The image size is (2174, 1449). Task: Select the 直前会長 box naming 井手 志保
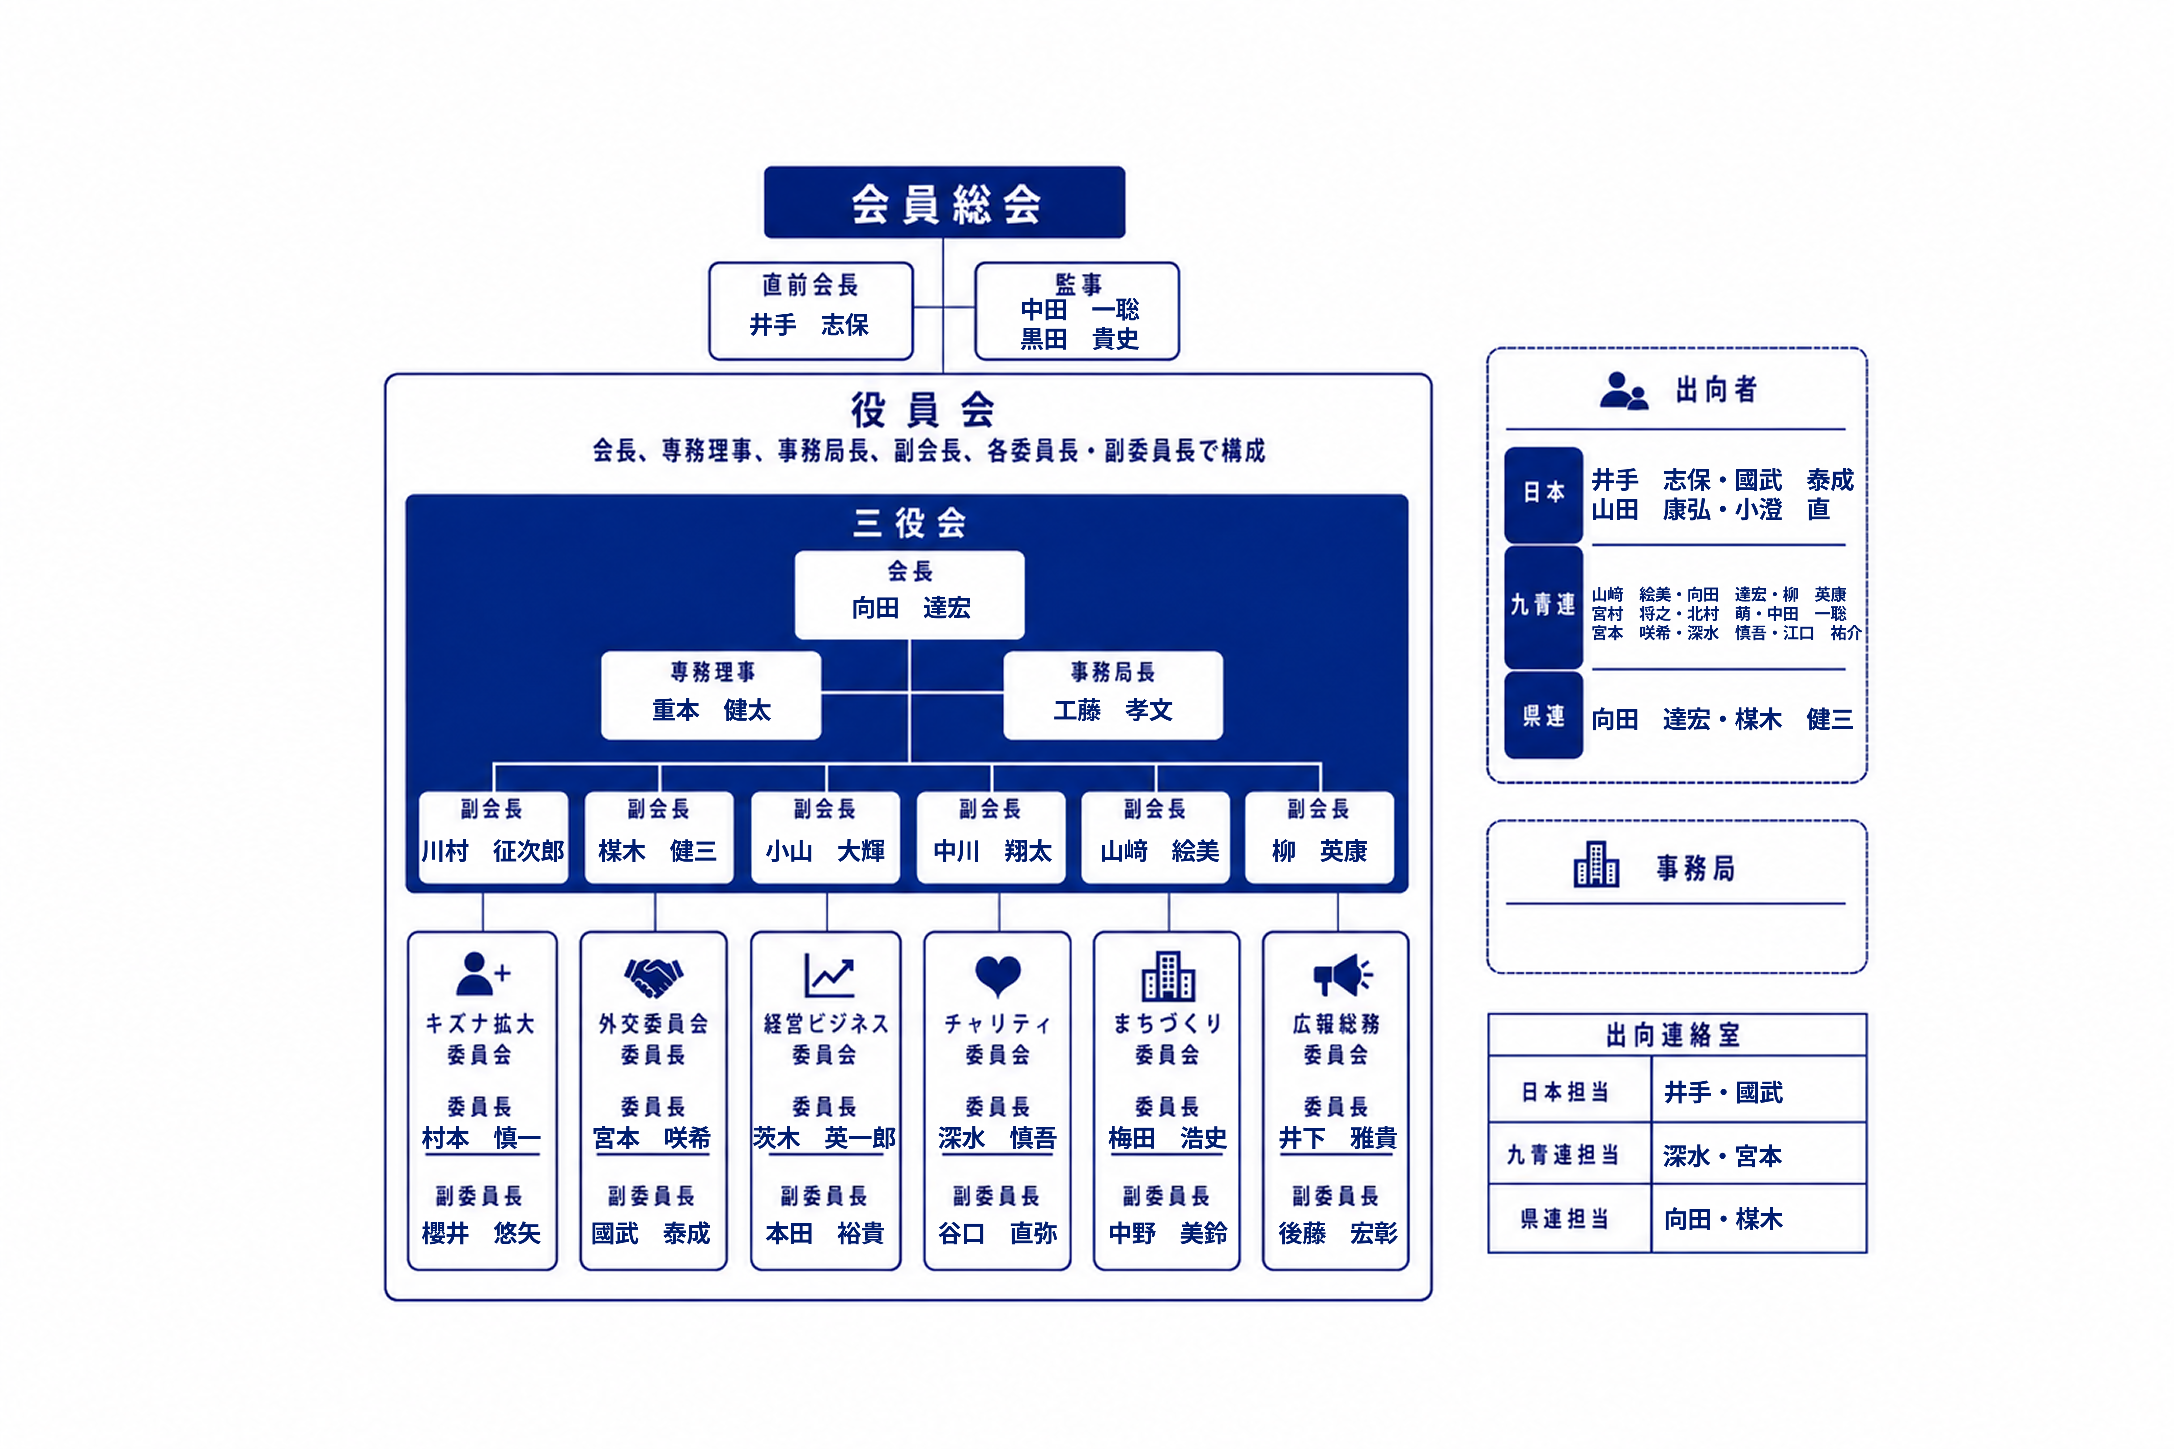point(810,311)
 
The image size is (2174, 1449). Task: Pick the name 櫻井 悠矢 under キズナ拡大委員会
point(480,1233)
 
